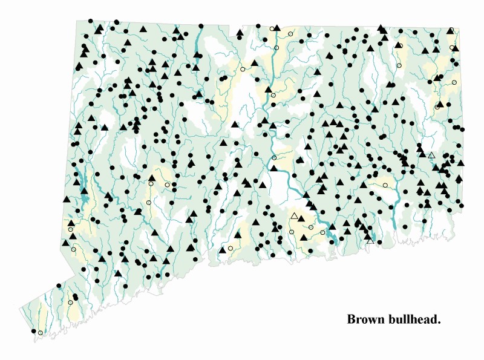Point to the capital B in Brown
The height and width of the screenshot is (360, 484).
pyautogui.click(x=351, y=319)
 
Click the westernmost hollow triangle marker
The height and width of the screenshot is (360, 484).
pyautogui.click(x=295, y=216)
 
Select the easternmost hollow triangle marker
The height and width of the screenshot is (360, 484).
pyautogui.click(x=431, y=155)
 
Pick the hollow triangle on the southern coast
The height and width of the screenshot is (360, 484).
pyautogui.click(x=370, y=241)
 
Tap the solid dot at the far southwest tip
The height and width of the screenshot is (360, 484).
pyautogui.click(x=33, y=331)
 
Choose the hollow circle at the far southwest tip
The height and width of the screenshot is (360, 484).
pyautogui.click(x=41, y=333)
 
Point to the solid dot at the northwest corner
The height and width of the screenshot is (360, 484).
pyautogui.click(x=90, y=21)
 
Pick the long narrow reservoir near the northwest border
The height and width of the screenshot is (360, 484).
pyautogui.click(x=198, y=42)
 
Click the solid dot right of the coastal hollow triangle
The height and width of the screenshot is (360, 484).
pyautogui.click(x=379, y=242)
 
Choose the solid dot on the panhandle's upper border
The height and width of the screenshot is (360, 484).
pyautogui.click(x=59, y=285)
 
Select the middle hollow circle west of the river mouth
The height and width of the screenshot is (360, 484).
pyautogui.click(x=310, y=227)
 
